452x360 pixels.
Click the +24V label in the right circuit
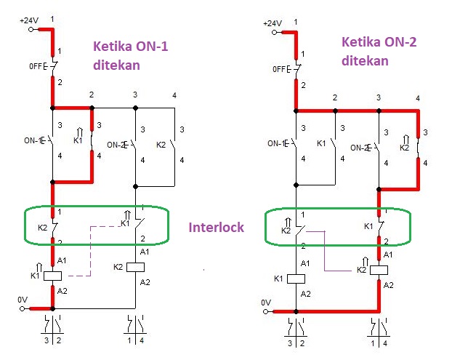273,23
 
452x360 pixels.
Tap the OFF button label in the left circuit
37,66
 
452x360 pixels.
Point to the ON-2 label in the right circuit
361,146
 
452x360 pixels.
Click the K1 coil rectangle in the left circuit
53,276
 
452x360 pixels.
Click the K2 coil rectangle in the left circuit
136,267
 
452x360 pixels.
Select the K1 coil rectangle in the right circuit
296,278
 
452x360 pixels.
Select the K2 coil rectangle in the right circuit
378,270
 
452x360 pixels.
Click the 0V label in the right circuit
266,302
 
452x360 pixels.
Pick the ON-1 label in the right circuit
278,143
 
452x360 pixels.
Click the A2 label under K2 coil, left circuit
145,282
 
